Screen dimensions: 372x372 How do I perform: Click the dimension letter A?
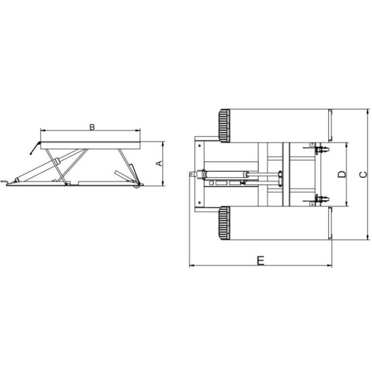pos(158,163)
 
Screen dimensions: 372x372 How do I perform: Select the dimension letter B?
pos(91,127)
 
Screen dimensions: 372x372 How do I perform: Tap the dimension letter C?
pos(362,174)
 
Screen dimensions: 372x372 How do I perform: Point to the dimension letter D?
pos(342,174)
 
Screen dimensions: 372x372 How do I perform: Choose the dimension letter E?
pos(260,260)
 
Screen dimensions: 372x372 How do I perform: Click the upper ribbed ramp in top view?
pos(224,126)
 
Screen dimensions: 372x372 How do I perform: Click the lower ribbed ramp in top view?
pos(224,223)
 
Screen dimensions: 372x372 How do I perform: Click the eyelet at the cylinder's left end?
pos(190,174)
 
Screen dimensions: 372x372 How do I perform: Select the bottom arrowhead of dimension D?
pos(346,204)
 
